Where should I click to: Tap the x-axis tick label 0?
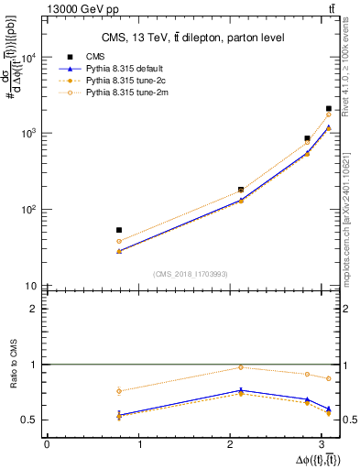(x=47, y=443)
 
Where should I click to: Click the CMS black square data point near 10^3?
(x=308, y=138)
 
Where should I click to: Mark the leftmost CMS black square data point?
(x=119, y=230)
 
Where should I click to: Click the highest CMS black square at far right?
(x=328, y=109)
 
